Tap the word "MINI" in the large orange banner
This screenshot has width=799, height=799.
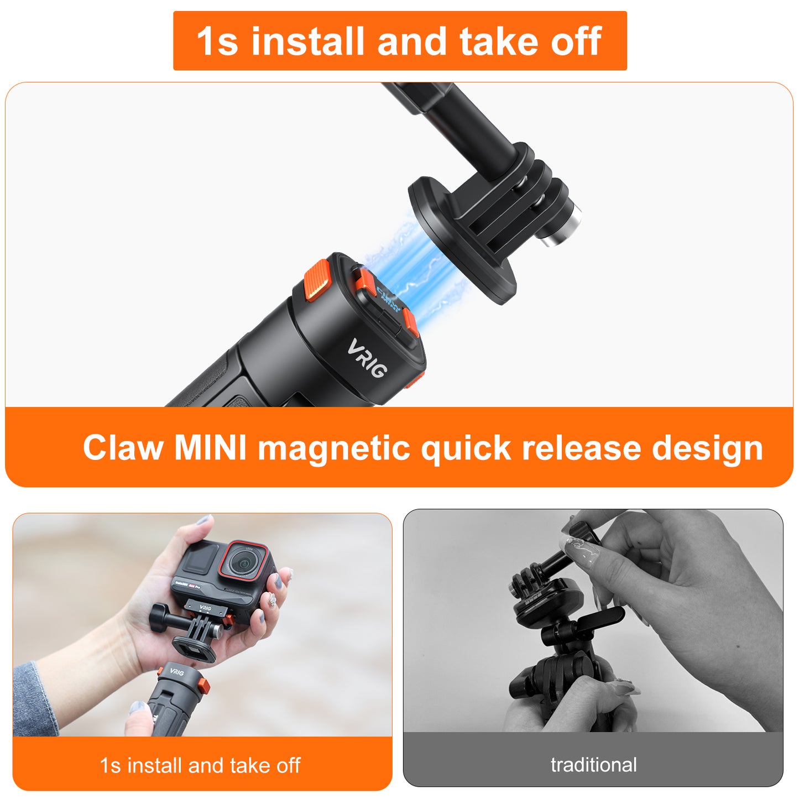(210, 447)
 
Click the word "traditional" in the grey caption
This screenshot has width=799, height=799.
(593, 765)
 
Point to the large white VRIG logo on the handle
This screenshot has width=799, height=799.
(367, 358)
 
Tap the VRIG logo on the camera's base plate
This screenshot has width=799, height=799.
(205, 608)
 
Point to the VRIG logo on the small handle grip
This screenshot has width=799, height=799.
(176, 672)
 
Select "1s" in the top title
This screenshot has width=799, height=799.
(217, 41)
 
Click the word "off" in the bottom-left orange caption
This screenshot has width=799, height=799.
(288, 765)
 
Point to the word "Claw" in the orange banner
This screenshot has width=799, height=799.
(123, 447)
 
